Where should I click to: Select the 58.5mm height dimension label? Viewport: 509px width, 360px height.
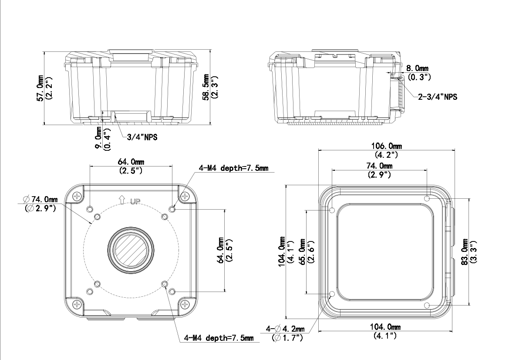pyautogui.click(x=206, y=88)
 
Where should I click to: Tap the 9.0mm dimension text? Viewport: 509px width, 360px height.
pyautogui.click(x=98, y=139)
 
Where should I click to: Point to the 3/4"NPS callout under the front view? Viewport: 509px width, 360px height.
pyautogui.click(x=142, y=137)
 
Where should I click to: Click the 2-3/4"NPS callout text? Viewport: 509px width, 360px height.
pyautogui.click(x=438, y=97)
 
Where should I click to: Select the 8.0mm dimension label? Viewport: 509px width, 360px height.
pyautogui.click(x=417, y=68)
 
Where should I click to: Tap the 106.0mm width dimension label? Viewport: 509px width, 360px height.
pyautogui.click(x=386, y=146)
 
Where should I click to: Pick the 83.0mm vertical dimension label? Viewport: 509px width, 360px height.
pyautogui.click(x=465, y=252)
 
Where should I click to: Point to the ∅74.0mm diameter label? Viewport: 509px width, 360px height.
pyautogui.click(x=40, y=199)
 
